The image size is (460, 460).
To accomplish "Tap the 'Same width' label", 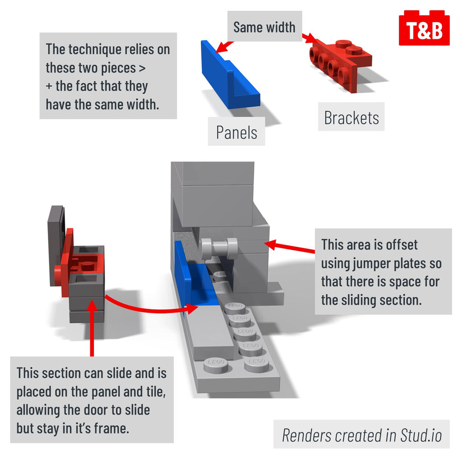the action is point(264,27).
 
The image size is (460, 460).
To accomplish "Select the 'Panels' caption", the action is point(236,132).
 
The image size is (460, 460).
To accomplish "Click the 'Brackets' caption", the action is point(351,118).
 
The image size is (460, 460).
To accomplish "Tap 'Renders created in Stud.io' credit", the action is point(361,434).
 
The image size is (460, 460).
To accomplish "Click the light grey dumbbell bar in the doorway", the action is point(218,249).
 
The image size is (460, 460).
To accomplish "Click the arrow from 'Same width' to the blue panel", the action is point(218,46).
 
